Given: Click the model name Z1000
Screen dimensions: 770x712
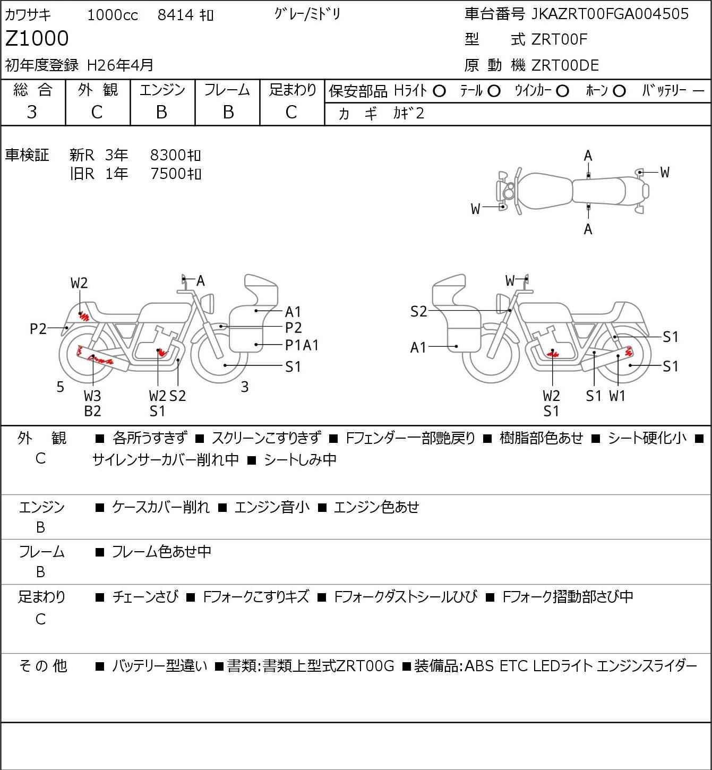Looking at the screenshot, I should click(x=37, y=39).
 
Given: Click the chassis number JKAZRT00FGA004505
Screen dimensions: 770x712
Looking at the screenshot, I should click(x=610, y=14).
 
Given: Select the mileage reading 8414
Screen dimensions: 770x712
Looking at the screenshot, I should click(x=175, y=15).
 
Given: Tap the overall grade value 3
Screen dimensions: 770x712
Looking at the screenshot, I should click(x=32, y=112).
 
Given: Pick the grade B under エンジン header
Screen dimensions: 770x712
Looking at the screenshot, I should click(x=162, y=112).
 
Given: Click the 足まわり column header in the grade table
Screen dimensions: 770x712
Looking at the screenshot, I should click(x=292, y=90).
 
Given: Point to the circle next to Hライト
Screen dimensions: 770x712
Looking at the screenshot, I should click(x=439, y=91).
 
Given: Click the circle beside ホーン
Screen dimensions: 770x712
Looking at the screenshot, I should click(x=619, y=91).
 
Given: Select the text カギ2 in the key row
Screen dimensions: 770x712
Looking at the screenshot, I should click(x=409, y=114).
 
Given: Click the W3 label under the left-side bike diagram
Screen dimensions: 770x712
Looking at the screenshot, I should click(x=92, y=396).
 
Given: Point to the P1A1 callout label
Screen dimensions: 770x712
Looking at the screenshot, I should click(x=302, y=345).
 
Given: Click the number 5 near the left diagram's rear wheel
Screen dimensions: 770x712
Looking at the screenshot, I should click(x=61, y=387).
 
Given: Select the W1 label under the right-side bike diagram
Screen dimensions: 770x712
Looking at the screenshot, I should click(x=617, y=396).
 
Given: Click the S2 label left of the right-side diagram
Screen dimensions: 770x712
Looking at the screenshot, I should click(x=418, y=312).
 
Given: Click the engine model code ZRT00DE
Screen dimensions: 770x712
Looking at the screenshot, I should click(x=565, y=65).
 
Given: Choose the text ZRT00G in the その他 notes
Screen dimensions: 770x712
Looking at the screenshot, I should click(x=366, y=666).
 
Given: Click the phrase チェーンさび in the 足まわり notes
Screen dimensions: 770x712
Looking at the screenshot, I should click(x=145, y=597).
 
